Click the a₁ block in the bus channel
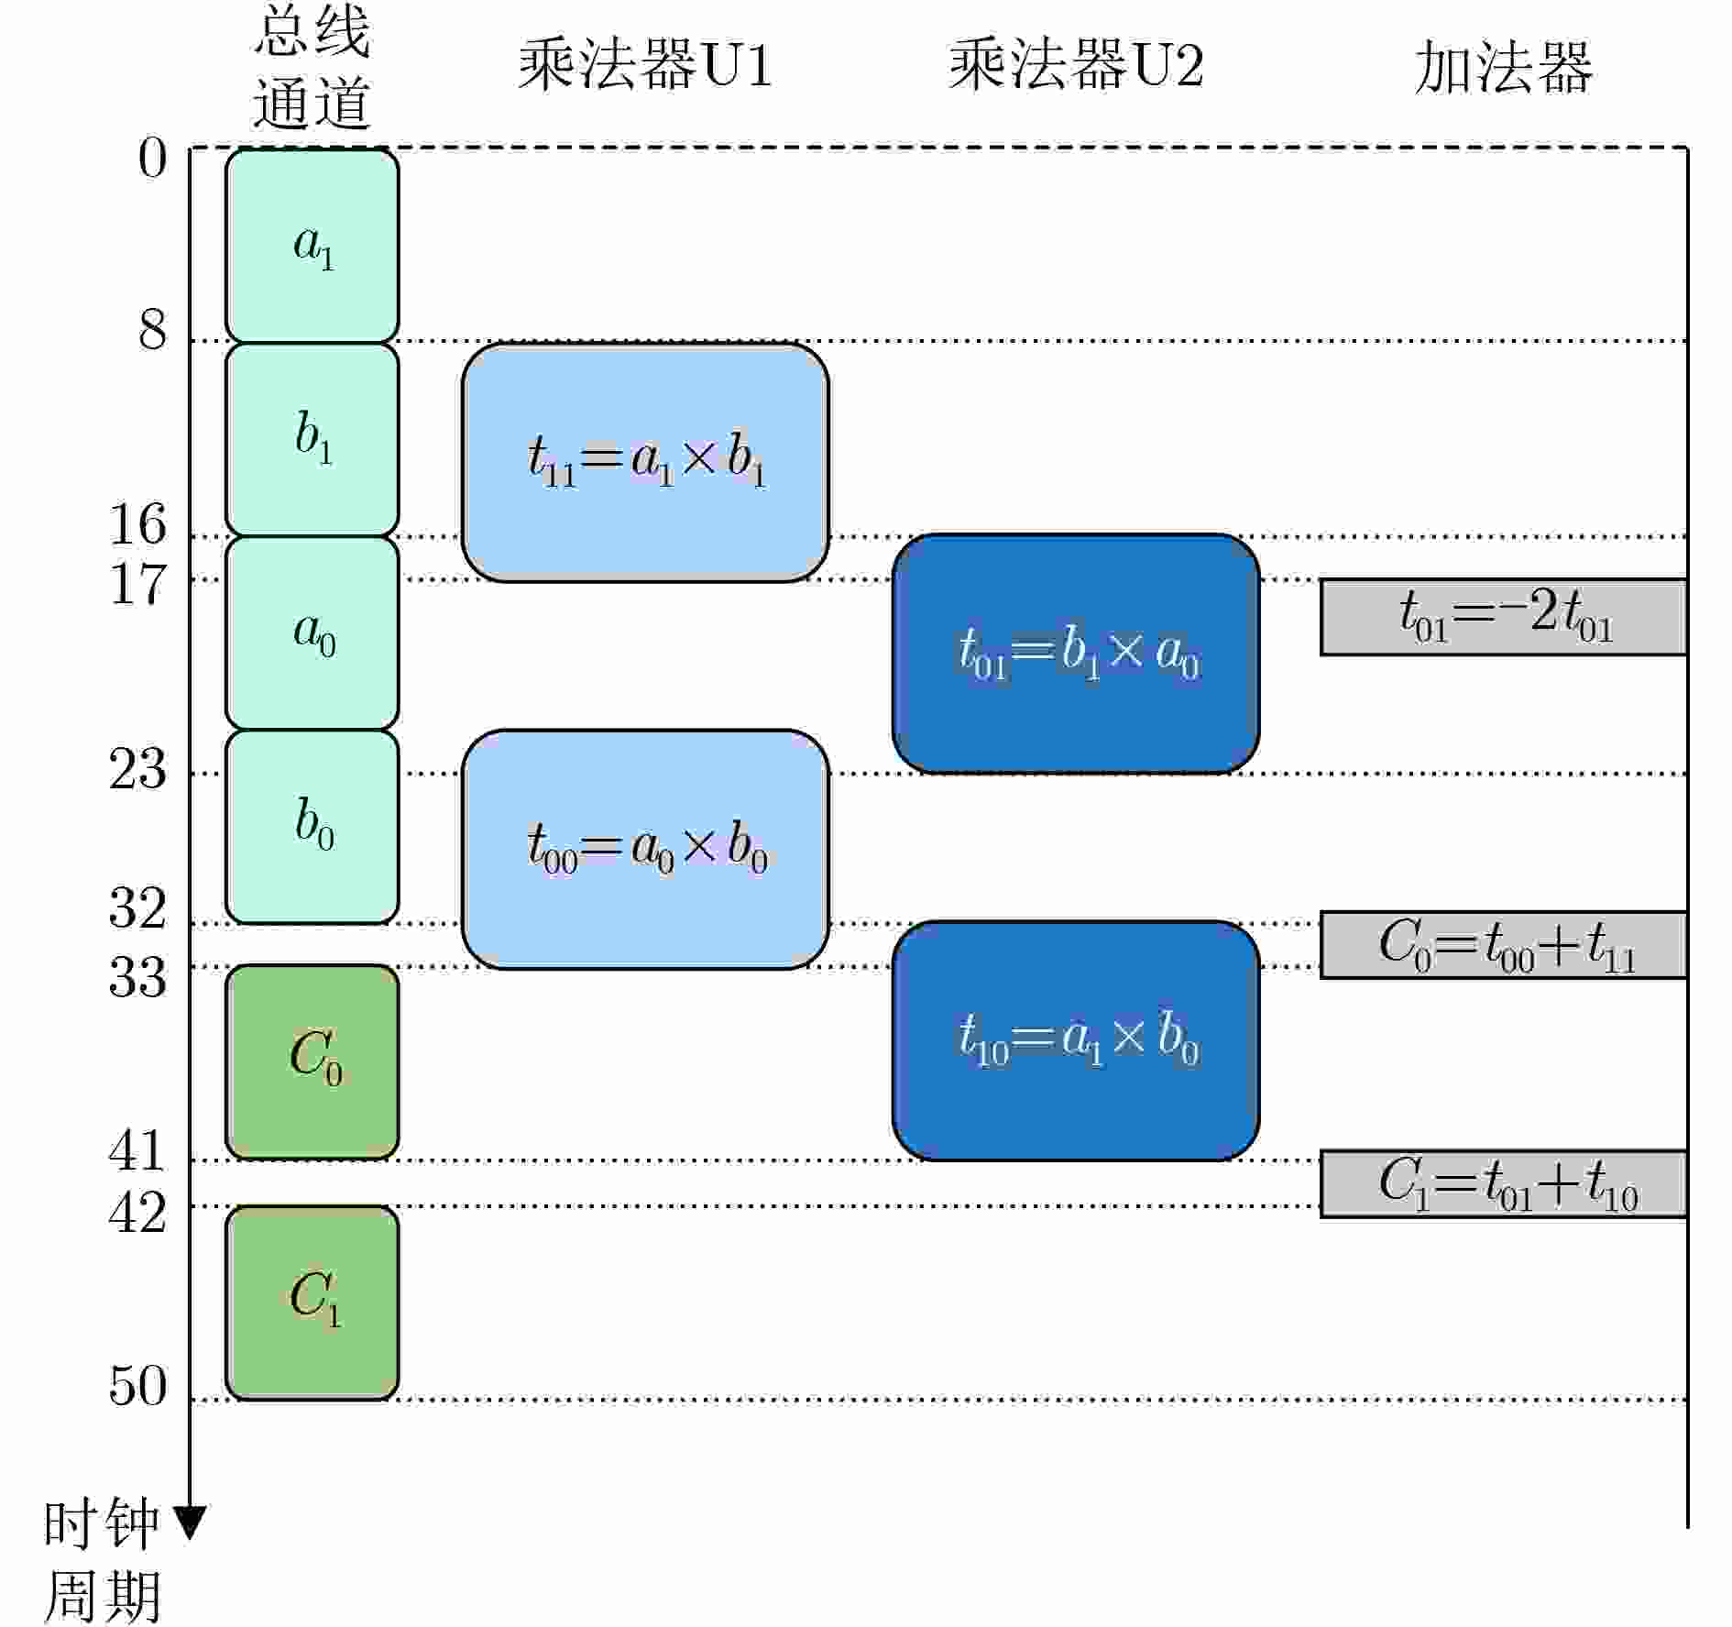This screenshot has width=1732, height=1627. (312, 246)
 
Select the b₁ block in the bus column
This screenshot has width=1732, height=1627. (312, 439)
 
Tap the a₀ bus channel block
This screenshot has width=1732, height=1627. (312, 633)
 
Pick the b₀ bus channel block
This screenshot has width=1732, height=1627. (312, 827)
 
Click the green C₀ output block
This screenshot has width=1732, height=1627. (312, 1062)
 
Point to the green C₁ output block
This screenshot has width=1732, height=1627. (312, 1303)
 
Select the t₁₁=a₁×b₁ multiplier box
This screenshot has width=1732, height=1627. (645, 462)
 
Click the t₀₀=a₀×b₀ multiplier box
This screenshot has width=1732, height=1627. (645, 849)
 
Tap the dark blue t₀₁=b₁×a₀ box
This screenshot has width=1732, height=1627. (1076, 654)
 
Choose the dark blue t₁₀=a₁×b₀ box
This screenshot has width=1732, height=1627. (1076, 1040)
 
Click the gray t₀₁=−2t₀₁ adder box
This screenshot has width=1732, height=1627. (1503, 617)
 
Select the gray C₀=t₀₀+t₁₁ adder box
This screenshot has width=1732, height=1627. (1503, 945)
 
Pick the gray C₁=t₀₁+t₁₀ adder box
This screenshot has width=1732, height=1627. (1503, 1183)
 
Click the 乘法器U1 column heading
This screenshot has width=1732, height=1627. (645, 65)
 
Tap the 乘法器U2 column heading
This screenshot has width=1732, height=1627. (1076, 65)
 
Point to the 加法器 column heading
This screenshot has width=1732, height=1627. (1503, 67)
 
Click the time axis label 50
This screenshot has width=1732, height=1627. (138, 1385)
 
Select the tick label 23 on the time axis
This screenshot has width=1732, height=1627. (138, 769)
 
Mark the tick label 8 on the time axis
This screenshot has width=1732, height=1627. (153, 330)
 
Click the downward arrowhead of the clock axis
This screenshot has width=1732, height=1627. (190, 1523)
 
